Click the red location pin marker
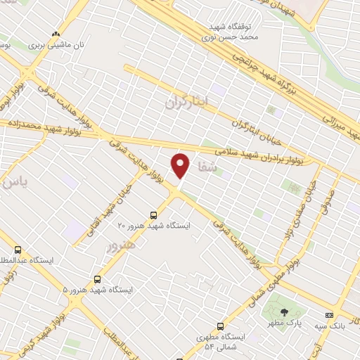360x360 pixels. point(181,165)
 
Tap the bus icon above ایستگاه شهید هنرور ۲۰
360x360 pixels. point(154,214)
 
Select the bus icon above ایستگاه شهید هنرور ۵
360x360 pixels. point(97,279)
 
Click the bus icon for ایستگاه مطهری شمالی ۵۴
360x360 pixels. point(221,326)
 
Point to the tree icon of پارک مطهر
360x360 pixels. point(284,312)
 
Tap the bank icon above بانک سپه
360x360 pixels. point(329,314)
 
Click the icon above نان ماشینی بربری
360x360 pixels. point(56,34)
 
